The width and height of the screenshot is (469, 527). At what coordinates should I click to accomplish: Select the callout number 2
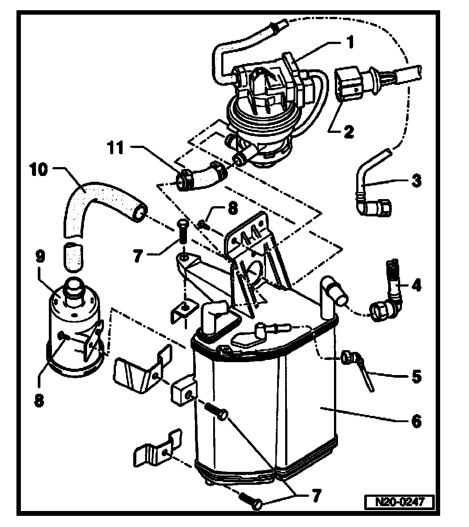(348, 131)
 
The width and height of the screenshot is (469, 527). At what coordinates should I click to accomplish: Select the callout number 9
(40, 257)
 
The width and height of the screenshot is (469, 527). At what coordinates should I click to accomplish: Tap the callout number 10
(40, 171)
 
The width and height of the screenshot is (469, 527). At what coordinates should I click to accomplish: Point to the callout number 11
(116, 148)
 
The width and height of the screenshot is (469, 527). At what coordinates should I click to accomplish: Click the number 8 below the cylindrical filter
(40, 400)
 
